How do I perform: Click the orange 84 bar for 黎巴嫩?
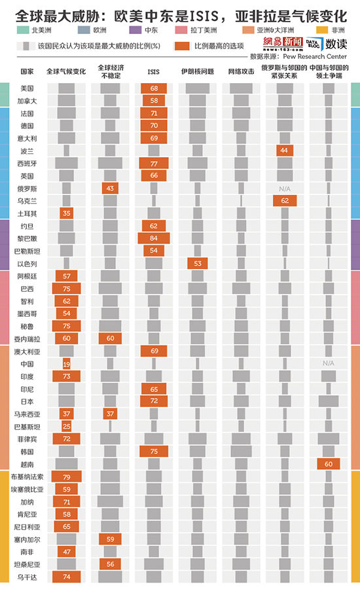click(154, 238)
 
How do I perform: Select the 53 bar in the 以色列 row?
click(197, 263)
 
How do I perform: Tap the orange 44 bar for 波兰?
click(285, 151)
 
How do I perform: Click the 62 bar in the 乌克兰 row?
click(285, 201)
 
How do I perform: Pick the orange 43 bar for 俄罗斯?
click(110, 188)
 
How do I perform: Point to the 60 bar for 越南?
click(329, 464)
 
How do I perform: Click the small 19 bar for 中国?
click(67, 364)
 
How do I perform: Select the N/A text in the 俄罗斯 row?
click(285, 188)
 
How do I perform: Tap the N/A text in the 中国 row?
click(329, 363)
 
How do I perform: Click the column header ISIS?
click(153, 72)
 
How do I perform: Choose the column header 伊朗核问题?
click(197, 71)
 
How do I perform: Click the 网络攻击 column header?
click(242, 71)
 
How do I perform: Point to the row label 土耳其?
click(27, 214)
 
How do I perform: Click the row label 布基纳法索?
click(27, 476)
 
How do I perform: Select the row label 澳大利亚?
click(27, 351)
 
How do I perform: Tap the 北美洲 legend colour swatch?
click(22, 30)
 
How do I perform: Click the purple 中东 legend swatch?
click(135, 30)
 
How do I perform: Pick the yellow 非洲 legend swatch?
click(322, 30)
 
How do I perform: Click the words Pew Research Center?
click(315, 56)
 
